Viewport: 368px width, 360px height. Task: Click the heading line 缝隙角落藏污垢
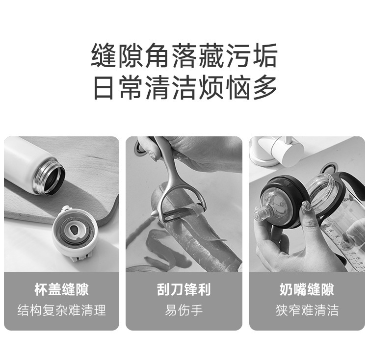[x=184, y=55]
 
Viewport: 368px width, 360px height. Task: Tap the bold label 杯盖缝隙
[x=61, y=289]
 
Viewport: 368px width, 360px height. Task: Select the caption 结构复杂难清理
[x=61, y=310]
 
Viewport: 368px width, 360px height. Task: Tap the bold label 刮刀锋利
[x=184, y=289]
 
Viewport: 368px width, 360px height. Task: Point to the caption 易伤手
[x=184, y=310]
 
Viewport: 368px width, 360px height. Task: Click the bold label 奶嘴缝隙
[x=307, y=289]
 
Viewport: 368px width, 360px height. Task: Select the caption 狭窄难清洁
[x=307, y=310]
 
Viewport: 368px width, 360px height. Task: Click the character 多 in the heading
[x=265, y=88]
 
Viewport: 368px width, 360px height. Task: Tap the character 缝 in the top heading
[x=104, y=55]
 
